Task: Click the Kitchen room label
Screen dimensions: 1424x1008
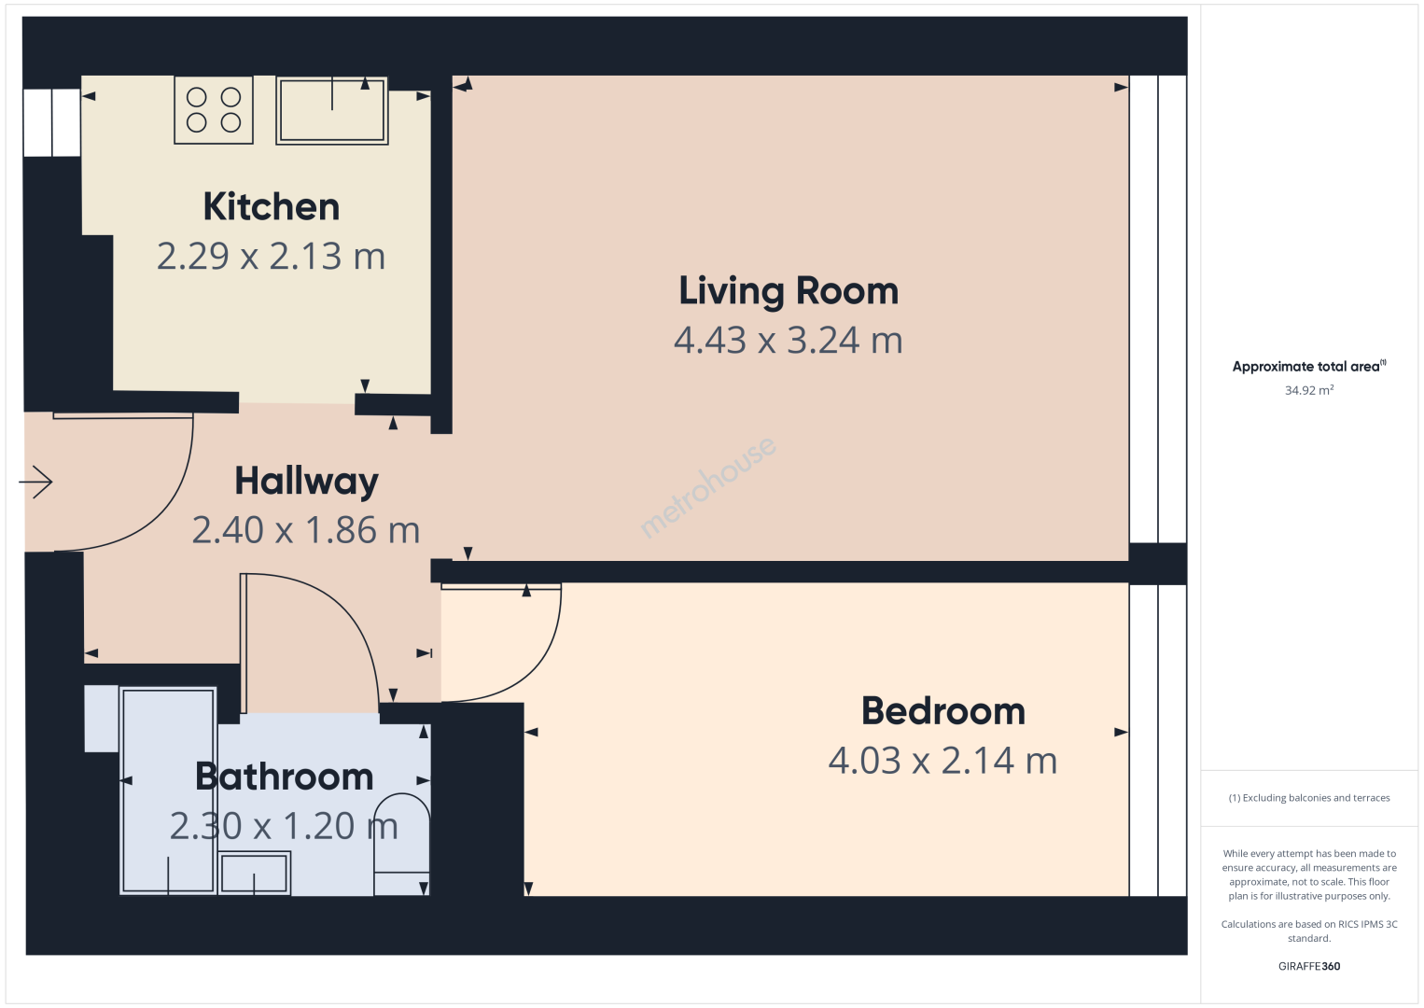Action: [x=272, y=206]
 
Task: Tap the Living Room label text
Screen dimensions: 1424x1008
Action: [x=789, y=291]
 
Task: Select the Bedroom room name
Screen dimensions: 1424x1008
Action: [x=943, y=711]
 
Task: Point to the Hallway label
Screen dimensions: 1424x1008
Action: [x=306, y=482]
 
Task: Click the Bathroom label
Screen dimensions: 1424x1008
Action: [x=285, y=777]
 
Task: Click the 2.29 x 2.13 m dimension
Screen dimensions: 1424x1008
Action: [x=272, y=256]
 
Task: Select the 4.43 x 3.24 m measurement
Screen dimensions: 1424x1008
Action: [x=789, y=341]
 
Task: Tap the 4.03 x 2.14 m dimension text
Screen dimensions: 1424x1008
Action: [x=942, y=761]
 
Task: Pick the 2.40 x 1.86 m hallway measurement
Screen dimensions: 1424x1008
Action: [x=306, y=530]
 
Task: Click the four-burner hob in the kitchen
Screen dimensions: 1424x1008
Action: [x=214, y=110]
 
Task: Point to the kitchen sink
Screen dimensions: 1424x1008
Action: [x=332, y=111]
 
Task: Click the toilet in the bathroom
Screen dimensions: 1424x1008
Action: [x=401, y=844]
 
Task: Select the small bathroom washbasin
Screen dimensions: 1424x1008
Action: [x=254, y=874]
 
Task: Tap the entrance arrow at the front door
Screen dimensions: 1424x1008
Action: [x=35, y=482]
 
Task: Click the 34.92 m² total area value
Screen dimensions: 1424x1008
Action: [x=1309, y=390]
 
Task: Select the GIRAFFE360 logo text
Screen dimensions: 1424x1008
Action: [x=1309, y=966]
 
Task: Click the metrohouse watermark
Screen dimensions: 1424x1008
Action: [x=707, y=487]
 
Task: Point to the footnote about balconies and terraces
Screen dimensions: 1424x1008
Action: [x=1309, y=797]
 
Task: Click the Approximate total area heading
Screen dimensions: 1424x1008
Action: [x=1309, y=366]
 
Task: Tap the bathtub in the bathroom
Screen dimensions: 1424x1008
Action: [x=169, y=791]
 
